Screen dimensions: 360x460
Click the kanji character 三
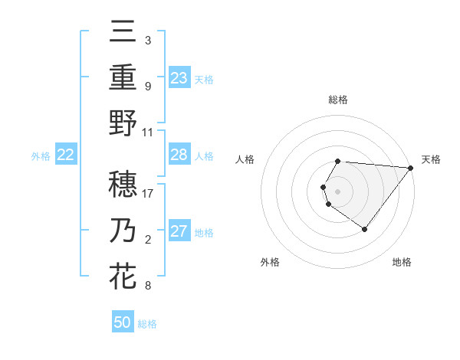(123, 32)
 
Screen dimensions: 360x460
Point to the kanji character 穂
(123, 184)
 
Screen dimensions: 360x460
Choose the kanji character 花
(123, 277)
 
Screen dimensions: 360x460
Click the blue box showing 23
(179, 77)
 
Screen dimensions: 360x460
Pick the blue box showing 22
(65, 155)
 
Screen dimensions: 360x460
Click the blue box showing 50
(123, 322)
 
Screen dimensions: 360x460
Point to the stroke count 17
(149, 194)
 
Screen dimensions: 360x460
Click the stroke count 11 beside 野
(148, 132)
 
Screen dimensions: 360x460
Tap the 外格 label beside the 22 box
(41, 156)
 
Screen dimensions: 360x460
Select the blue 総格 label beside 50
(147, 324)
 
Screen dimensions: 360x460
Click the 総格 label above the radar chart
(338, 100)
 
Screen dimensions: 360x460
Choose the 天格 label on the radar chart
(431, 159)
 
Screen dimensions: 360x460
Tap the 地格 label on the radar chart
(402, 262)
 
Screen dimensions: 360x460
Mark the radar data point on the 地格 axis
(364, 229)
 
